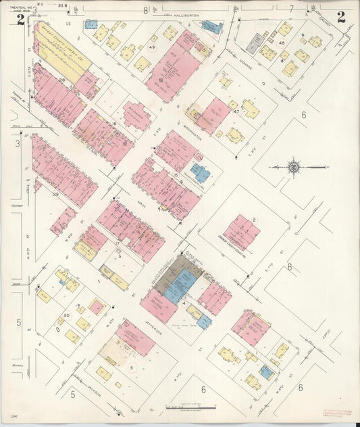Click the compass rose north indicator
[294, 166]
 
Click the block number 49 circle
[152, 47]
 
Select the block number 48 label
[281, 43]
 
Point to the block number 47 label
[236, 111]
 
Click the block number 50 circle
[66, 316]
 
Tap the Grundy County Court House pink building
[241, 232]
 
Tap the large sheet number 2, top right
[341, 18]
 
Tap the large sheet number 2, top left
[21, 19]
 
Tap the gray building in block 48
[253, 44]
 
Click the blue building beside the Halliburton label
[211, 27]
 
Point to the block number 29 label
[56, 194]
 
